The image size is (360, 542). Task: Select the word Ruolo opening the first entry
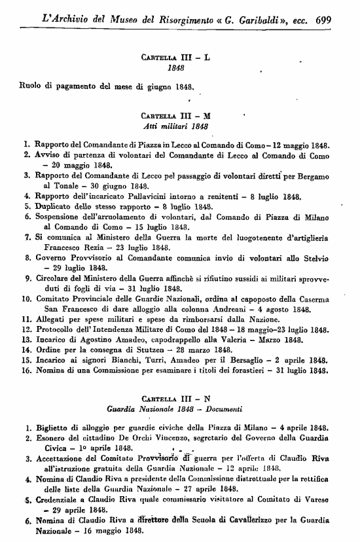[x=31, y=85]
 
